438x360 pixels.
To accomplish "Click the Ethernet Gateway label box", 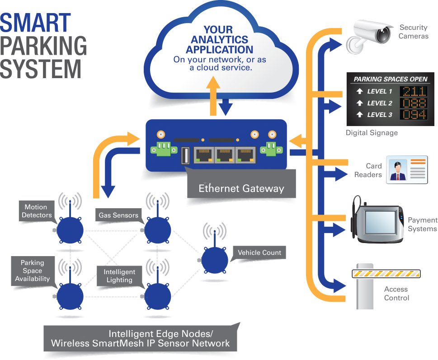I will pos(241,188).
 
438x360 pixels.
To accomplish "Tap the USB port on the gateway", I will pos(185,156).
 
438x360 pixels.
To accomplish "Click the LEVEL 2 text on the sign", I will pos(379,103).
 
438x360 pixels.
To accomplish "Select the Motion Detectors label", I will pos(38,211).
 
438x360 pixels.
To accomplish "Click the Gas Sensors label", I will pos(118,215).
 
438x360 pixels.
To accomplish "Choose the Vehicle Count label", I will pos(259,252).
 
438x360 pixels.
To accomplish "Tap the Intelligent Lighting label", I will pos(119,276).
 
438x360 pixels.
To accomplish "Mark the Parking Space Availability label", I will pos(33,271).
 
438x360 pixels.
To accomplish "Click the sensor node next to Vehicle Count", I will pos(215,259).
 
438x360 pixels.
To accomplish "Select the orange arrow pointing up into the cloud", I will pos(215,96).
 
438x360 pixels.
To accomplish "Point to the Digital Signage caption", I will pos(372,133).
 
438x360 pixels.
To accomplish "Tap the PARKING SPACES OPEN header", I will pos(390,79).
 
